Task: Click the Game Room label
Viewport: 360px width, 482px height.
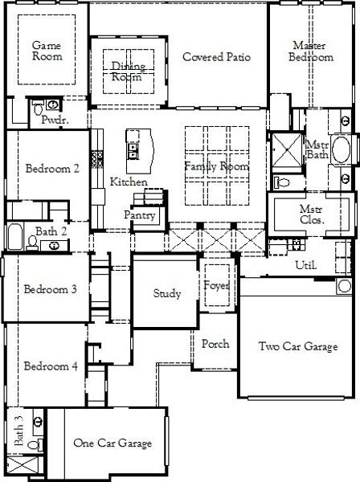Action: click(x=46, y=51)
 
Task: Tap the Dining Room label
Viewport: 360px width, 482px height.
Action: click(x=126, y=71)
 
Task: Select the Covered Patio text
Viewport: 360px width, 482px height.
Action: click(x=216, y=57)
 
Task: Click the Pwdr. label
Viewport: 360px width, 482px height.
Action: click(x=53, y=119)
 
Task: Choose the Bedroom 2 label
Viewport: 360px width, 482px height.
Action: click(x=52, y=169)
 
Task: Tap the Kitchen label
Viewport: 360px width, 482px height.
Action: click(x=129, y=182)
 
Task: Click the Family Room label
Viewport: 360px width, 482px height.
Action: click(x=215, y=165)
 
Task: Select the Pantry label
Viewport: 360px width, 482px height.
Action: click(x=139, y=215)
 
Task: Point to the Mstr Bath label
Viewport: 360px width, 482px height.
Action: click(x=316, y=149)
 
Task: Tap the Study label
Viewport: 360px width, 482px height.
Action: click(x=167, y=294)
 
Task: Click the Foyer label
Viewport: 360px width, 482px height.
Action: click(x=217, y=286)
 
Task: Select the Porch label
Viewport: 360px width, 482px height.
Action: click(x=215, y=344)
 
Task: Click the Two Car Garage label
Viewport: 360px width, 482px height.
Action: click(x=298, y=347)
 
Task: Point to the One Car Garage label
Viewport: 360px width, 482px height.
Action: click(x=108, y=443)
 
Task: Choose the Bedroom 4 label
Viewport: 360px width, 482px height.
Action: click(x=51, y=366)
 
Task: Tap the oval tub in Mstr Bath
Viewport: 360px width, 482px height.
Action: click(x=342, y=150)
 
